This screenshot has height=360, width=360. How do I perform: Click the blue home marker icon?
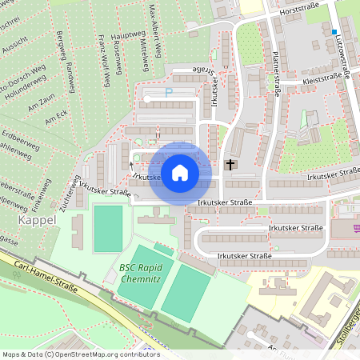pyautogui.click(x=180, y=172)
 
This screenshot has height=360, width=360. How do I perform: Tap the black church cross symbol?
pyautogui.click(x=231, y=165)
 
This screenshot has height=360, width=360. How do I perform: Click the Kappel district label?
pyautogui.click(x=37, y=219)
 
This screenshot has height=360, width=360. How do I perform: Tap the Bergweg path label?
pyautogui.click(x=59, y=47)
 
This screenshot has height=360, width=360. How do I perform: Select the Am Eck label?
pyautogui.click(x=55, y=118)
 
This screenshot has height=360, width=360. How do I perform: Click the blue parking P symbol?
pyautogui.click(x=168, y=92)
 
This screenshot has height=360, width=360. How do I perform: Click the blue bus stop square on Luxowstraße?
pyautogui.click(x=335, y=32)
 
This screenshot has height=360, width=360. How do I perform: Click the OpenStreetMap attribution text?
pyautogui.click(x=80, y=354)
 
